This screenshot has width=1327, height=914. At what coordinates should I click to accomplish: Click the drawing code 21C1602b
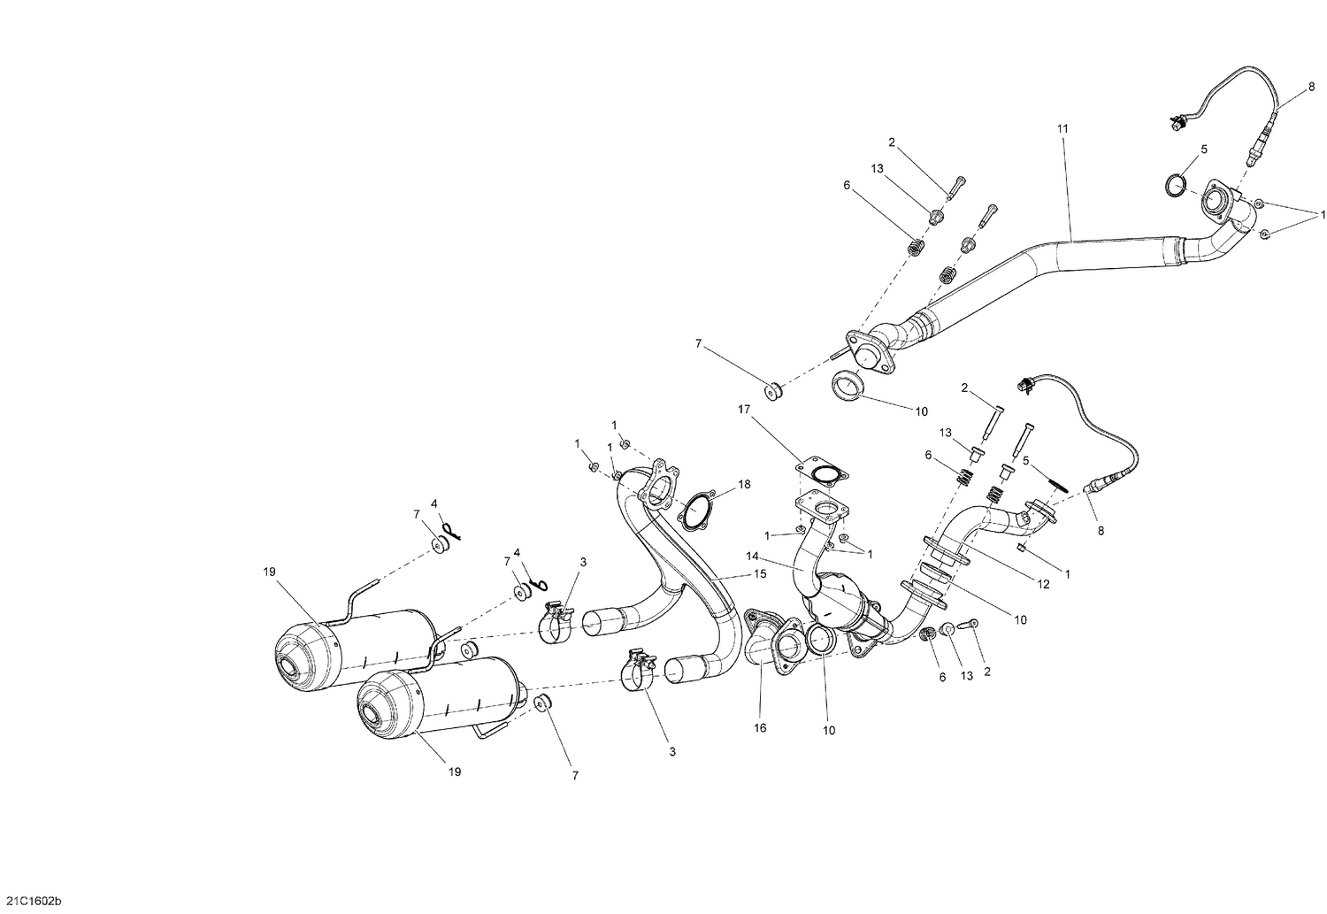(x=32, y=901)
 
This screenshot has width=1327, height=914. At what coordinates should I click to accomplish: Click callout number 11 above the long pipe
(x=1062, y=129)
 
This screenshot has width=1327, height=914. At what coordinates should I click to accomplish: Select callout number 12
(x=1044, y=585)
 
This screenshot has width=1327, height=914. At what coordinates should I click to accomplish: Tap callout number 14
(x=752, y=557)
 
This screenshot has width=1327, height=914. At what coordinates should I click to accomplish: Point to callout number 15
(x=759, y=574)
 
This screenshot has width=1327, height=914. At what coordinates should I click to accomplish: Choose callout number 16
(x=760, y=728)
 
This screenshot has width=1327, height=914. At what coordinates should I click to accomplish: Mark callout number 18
(x=744, y=484)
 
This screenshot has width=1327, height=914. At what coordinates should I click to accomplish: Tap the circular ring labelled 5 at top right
(x=1175, y=185)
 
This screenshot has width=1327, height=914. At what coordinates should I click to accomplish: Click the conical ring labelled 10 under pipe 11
(x=849, y=386)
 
